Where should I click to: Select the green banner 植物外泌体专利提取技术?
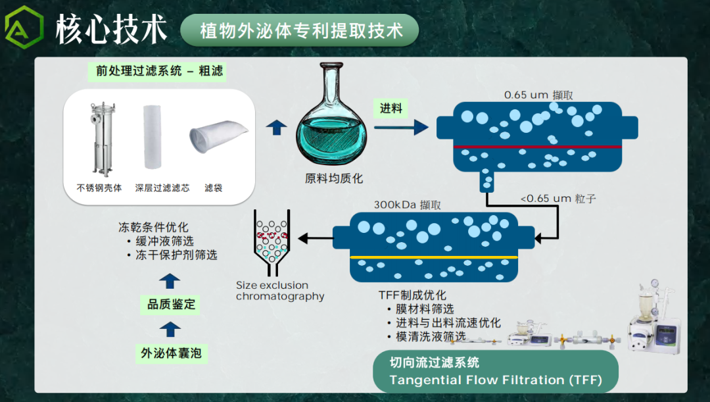pos(300,31)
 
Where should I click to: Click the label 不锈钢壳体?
pos(99,188)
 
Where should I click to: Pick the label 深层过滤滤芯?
pos(162,188)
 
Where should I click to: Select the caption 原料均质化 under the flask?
pos(334,178)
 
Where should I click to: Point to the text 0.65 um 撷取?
pos(538,95)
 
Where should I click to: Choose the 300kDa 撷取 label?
pos(408,205)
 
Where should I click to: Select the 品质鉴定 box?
pos(170,305)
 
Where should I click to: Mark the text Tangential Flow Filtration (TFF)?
pos(494,380)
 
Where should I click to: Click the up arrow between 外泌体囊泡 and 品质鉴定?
pos(170,329)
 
